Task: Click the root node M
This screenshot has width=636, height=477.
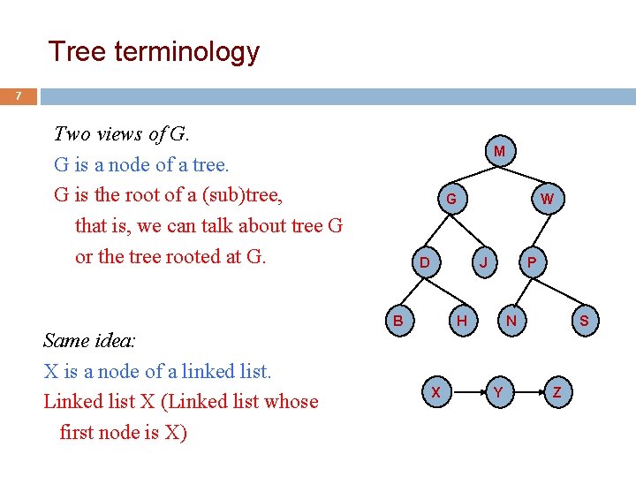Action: tap(499, 152)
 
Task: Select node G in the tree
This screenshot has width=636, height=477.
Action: tap(450, 200)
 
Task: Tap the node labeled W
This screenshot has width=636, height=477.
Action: tap(547, 200)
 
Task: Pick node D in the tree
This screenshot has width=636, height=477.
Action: tap(424, 263)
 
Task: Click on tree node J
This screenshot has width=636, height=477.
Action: tap(482, 263)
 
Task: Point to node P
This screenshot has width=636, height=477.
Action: tap(531, 263)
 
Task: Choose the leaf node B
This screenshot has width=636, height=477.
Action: tap(398, 321)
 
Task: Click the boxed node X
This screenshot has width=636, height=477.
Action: tap(435, 392)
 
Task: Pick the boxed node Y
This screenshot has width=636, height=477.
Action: tap(498, 392)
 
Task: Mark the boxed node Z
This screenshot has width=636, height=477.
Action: tap(556, 392)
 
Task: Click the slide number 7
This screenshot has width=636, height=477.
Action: tap(19, 95)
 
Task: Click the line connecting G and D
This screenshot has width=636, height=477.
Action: tap(437, 231)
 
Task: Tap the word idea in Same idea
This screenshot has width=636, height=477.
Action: tap(124, 341)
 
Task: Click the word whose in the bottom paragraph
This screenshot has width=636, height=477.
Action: tap(290, 401)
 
